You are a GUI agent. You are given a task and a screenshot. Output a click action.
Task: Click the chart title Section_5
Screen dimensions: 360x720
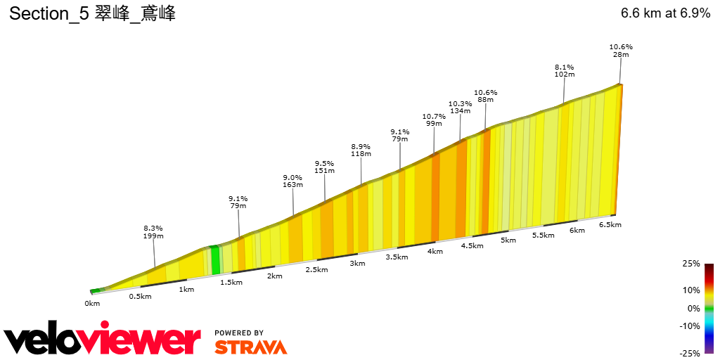click(91, 13)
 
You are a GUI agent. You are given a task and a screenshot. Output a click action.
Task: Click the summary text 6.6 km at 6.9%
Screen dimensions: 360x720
click(665, 13)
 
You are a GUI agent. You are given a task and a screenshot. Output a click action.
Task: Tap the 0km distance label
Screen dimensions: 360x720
click(92, 303)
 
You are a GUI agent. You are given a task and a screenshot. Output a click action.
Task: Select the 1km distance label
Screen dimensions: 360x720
click(186, 289)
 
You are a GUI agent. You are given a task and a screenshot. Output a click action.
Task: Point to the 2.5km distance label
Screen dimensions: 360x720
click(317, 270)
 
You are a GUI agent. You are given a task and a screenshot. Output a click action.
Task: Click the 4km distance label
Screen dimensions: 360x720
click(435, 251)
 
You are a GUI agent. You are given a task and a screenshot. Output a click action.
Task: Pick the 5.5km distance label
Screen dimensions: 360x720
click(543, 235)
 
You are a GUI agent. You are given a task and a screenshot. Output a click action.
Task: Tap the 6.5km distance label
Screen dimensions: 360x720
click(610, 224)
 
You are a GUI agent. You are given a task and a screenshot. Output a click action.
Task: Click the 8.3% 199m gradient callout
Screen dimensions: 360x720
click(153, 233)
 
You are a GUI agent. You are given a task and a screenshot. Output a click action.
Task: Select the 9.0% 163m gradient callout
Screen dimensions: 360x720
click(292, 181)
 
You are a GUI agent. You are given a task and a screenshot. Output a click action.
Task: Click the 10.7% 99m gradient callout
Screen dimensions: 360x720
click(434, 120)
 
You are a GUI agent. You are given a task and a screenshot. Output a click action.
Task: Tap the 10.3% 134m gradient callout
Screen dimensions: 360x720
click(460, 107)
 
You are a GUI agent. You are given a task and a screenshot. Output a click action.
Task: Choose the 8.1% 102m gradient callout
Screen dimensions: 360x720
click(565, 70)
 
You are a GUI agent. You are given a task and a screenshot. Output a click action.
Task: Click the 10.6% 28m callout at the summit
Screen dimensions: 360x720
click(621, 51)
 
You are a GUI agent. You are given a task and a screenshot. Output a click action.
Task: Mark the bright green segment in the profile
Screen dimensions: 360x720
click(216, 260)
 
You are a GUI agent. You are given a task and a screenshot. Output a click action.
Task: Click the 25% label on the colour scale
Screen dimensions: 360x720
click(691, 264)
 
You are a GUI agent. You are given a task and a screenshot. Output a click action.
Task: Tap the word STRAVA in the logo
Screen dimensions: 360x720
click(250, 347)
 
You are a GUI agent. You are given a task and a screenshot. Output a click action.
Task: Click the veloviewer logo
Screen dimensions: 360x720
click(103, 340)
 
